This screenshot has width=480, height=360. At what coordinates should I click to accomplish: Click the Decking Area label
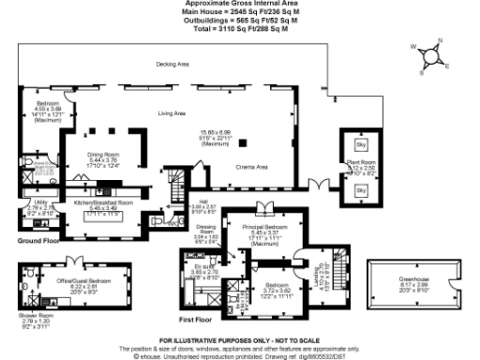pos(170,65)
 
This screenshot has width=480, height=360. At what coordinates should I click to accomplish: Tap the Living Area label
pos(172,113)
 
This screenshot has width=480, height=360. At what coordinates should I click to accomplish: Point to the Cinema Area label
pos(250,164)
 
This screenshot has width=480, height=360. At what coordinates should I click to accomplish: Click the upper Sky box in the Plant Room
pos(361,146)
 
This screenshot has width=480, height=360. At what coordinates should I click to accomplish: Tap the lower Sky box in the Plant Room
pos(361,191)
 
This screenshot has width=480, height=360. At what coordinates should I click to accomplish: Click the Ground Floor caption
pos(39,241)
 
